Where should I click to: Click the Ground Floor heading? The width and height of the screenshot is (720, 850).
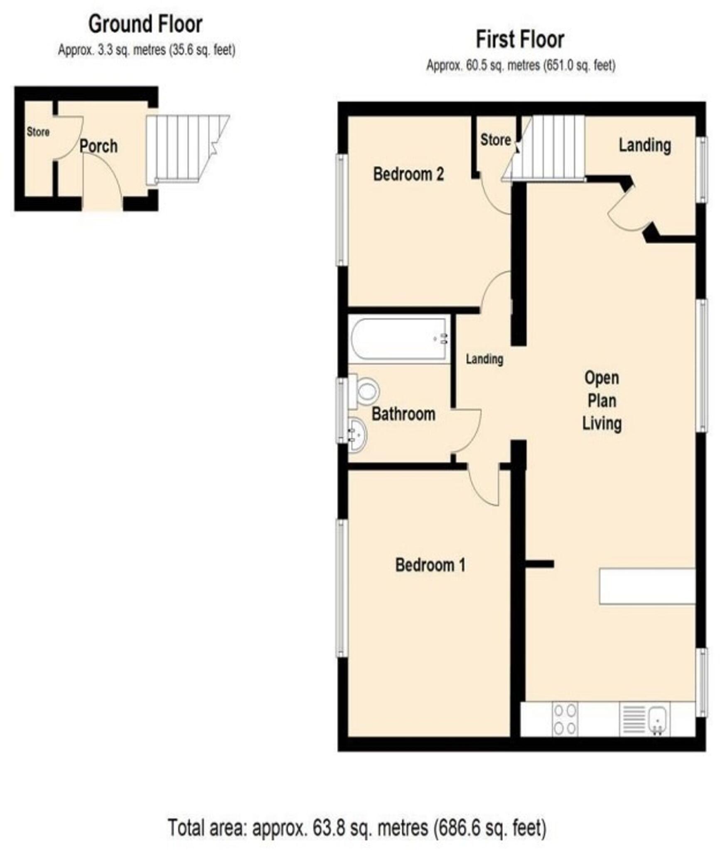coord(145,24)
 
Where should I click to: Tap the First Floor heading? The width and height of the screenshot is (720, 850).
coord(520,40)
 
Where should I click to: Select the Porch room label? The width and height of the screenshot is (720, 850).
coord(98,146)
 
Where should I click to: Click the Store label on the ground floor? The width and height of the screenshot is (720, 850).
coord(38,132)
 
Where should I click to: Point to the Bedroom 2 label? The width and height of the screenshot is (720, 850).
coord(408,174)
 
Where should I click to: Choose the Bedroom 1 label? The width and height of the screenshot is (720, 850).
coord(430,565)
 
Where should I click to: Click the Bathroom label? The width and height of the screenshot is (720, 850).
coord(403,414)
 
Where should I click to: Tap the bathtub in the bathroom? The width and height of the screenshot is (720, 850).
coord(399,339)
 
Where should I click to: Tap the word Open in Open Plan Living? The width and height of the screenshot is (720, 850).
coord(602,378)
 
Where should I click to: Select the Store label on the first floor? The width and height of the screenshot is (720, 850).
coord(495,140)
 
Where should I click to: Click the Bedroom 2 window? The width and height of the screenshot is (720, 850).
coord(342,210)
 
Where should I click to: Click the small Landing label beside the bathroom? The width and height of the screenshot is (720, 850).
coord(484,359)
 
